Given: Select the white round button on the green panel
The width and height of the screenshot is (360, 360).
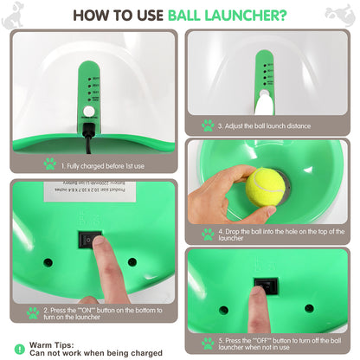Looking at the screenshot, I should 87,111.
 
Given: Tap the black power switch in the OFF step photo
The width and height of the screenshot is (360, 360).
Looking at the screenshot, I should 267,286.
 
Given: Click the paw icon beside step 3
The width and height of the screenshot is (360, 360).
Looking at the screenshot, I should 207,125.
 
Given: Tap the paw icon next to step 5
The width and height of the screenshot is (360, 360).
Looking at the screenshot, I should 207,343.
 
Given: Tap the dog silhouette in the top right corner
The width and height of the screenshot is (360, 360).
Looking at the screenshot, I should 341,13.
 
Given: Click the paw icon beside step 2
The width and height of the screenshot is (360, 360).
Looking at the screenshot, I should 33,312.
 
